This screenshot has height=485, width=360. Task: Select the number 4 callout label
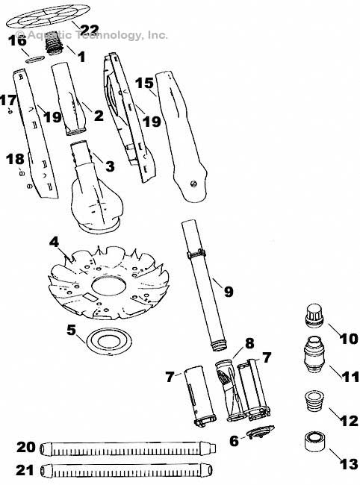pyautogui.click(x=53, y=242)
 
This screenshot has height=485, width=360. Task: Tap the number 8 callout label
pyautogui.click(x=249, y=344)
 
